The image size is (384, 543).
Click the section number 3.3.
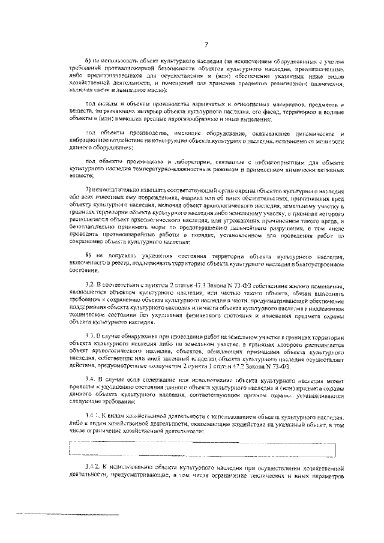pos(91,337)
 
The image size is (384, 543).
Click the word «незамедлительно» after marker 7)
pos(116,190)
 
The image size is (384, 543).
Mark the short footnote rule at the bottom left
pos(67,514)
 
